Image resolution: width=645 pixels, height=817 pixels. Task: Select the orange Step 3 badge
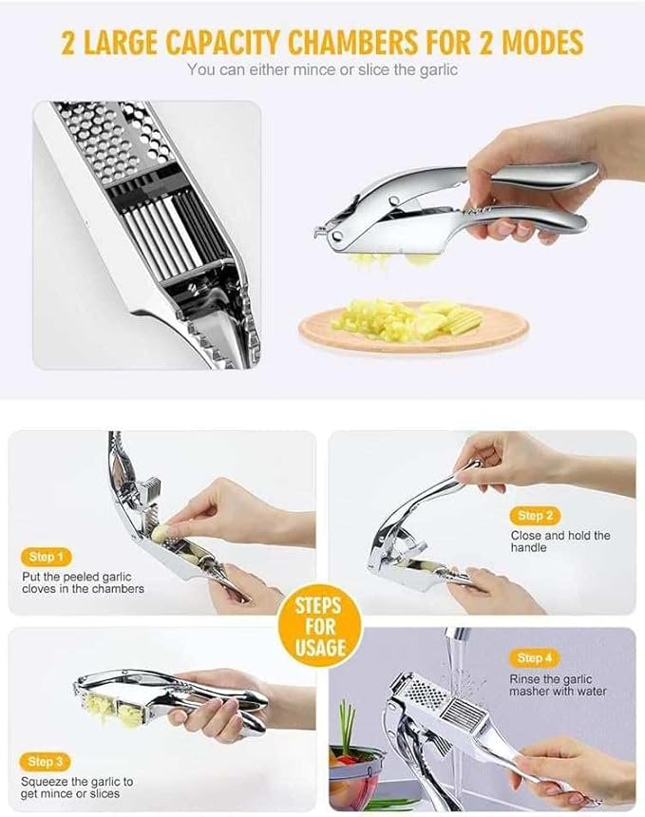(x=45, y=762)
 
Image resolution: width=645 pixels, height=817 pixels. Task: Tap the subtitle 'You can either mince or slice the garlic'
(x=322, y=69)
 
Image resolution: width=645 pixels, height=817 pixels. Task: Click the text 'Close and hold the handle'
(x=560, y=541)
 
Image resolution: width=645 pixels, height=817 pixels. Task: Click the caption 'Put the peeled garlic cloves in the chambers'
(x=84, y=582)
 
